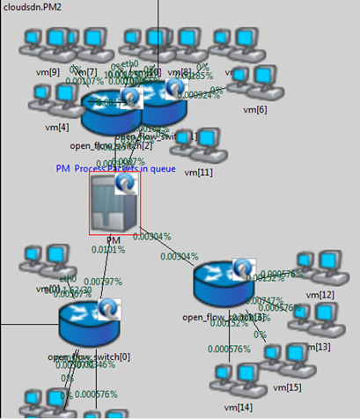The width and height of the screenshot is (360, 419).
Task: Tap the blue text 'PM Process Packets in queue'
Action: click(116, 168)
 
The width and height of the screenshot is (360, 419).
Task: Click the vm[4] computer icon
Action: click(52, 100)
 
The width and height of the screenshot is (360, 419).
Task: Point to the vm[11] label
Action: click(198, 173)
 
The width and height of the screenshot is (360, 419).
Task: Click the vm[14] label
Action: click(239, 407)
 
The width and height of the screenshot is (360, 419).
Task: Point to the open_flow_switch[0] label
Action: click(89, 357)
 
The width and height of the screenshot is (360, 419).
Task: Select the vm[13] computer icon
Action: click(313, 319)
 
